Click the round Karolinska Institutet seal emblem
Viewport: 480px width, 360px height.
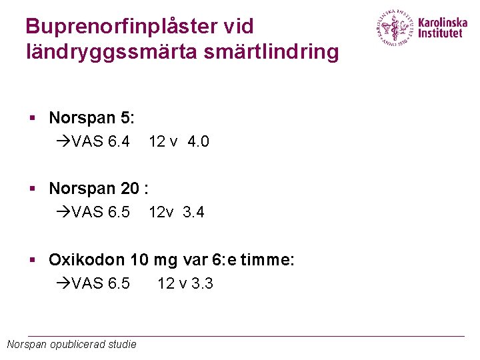point(395,28)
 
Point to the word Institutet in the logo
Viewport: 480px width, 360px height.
point(439,33)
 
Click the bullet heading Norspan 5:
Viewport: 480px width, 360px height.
point(91,118)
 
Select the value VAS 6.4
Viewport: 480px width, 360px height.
point(100,141)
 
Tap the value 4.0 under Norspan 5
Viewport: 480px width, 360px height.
point(199,141)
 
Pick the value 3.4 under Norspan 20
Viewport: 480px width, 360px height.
point(193,213)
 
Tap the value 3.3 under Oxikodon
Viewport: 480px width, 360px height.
point(202,283)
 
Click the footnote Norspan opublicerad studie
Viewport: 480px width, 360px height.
point(71,344)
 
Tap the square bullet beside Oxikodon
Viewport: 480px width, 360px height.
point(31,260)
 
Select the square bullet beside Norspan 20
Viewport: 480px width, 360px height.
point(31,189)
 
